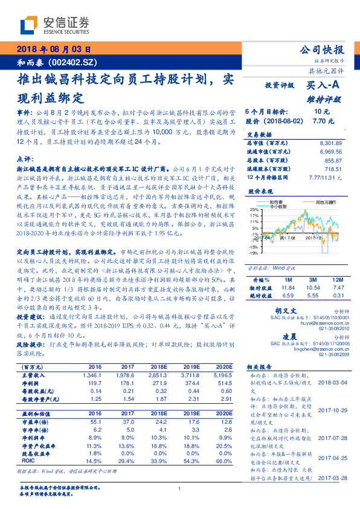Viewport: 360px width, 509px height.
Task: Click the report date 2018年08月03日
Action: pos(54,50)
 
